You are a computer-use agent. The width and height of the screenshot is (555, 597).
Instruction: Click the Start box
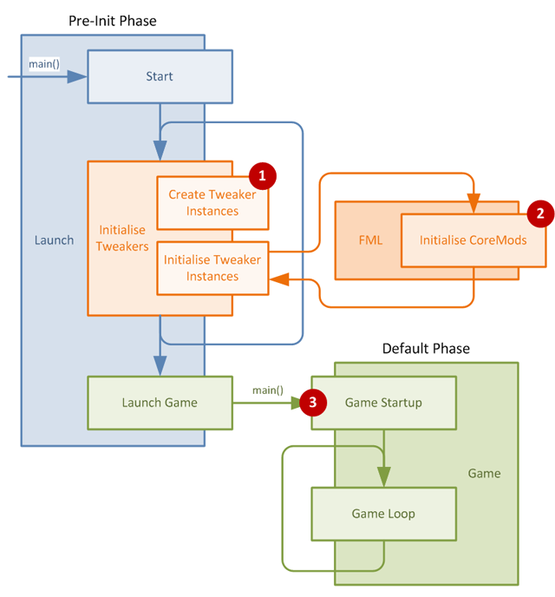(x=160, y=76)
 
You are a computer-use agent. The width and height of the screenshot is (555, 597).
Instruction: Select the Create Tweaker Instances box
(x=212, y=202)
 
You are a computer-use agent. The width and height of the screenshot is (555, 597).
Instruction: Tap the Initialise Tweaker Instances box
(x=212, y=268)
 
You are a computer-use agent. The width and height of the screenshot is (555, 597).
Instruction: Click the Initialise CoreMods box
(x=473, y=240)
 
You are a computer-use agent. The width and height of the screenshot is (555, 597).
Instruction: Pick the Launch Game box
(x=160, y=402)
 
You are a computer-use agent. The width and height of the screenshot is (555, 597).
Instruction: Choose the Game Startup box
(x=383, y=402)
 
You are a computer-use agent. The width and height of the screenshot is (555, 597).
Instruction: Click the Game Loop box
(x=383, y=514)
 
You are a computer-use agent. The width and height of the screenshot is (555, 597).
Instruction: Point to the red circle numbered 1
(x=262, y=175)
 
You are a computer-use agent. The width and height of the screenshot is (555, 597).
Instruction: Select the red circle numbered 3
(x=312, y=403)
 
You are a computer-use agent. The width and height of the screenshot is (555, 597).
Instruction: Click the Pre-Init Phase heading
(x=112, y=20)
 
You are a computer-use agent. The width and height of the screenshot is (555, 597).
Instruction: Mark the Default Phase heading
(x=426, y=349)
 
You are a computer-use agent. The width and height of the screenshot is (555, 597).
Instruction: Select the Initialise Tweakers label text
(x=121, y=239)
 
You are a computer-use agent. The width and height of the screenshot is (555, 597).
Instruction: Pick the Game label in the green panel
(x=484, y=473)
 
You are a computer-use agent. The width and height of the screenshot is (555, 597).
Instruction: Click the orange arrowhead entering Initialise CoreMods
(x=473, y=205)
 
